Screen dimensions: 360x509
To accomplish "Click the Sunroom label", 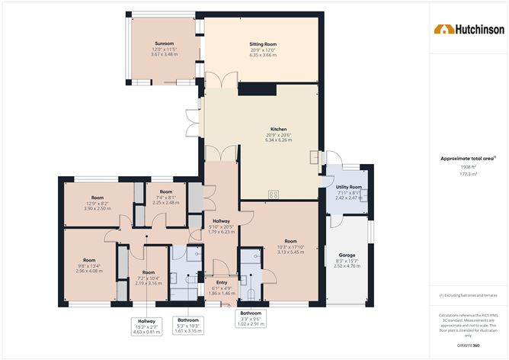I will coord(164,44).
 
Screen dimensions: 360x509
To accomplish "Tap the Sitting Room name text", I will coord(261,45).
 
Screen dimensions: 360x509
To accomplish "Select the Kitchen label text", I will coord(278,130).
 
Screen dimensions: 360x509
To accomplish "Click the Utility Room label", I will coord(349,187).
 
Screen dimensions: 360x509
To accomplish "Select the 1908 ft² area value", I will coord(469,166).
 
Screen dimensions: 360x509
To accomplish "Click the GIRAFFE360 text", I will coord(469,345).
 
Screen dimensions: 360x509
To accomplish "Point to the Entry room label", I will coord(222,282).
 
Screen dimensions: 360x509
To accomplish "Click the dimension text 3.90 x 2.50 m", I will coord(98,207).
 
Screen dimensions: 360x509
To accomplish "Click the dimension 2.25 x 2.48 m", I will coord(166,202).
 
